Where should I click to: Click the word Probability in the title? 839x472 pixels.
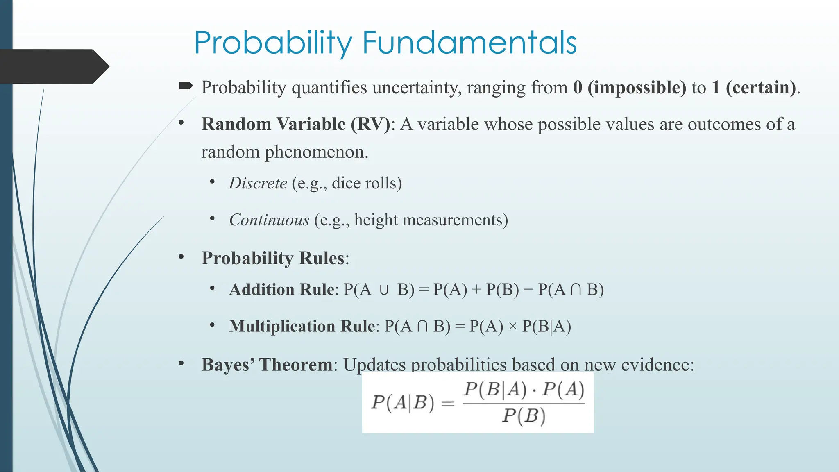click(x=273, y=43)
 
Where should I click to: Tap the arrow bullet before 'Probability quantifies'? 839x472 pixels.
click(x=186, y=86)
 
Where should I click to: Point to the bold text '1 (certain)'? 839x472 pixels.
click(x=754, y=88)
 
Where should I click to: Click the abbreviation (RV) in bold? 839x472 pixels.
click(x=370, y=124)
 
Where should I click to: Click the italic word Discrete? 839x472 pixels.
click(x=258, y=183)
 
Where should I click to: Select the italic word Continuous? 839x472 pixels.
click(x=269, y=220)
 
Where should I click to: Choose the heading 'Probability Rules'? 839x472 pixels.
click(x=273, y=258)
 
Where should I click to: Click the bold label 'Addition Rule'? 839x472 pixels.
click(x=282, y=290)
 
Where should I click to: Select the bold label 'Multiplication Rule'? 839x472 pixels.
click(x=302, y=327)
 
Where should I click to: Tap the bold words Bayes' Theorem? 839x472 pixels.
click(x=267, y=364)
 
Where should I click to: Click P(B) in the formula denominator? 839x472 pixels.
click(x=524, y=416)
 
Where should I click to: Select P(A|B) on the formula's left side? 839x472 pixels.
click(x=402, y=403)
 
